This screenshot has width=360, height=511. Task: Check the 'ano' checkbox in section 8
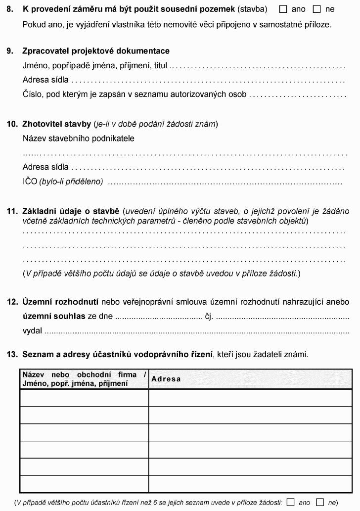pyautogui.click(x=283, y=9)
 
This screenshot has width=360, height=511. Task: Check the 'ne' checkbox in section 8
pyautogui.click(x=317, y=9)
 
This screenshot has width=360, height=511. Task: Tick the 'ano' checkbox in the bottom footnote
pyautogui.click(x=291, y=502)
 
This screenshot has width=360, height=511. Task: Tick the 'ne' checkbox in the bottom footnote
pyautogui.click(x=320, y=502)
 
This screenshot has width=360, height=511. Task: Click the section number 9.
pyautogui.click(x=10, y=51)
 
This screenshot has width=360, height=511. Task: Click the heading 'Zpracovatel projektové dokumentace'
pyautogui.click(x=96, y=51)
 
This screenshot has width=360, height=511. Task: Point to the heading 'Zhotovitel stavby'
pyautogui.click(x=56, y=124)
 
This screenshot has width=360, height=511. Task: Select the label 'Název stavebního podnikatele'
pyautogui.click(x=79, y=139)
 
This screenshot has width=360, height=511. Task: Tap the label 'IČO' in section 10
pyautogui.click(x=30, y=182)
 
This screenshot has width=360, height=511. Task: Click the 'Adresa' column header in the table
pyautogui.click(x=166, y=379)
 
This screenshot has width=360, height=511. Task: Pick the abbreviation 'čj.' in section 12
pyautogui.click(x=209, y=316)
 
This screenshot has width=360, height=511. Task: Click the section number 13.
pyautogui.click(x=12, y=354)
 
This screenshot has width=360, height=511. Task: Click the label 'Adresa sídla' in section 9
pyautogui.click(x=45, y=80)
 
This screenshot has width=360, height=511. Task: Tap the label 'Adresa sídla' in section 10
pyautogui.click(x=45, y=167)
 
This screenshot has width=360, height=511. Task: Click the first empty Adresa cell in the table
pyautogui.click(x=250, y=398)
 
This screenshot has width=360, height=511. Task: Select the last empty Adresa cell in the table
pyautogui.click(x=250, y=484)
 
